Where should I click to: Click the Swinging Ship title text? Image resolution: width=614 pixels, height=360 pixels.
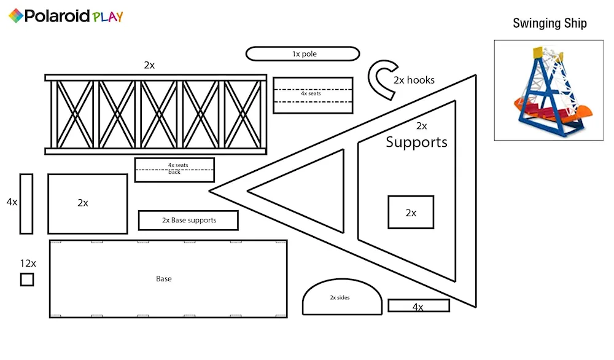tap(550, 23)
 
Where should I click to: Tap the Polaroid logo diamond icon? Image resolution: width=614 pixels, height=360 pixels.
tap(16, 16)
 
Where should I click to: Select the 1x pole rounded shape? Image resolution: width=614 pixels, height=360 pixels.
tap(303, 53)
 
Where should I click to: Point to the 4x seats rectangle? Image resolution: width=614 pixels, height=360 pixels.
tap(313, 96)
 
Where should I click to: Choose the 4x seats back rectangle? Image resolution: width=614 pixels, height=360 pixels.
tap(174, 170)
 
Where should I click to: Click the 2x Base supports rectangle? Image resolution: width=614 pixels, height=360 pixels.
tap(188, 220)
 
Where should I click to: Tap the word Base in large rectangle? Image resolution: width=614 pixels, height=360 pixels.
tap(164, 279)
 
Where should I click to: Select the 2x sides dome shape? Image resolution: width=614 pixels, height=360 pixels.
tap(342, 297)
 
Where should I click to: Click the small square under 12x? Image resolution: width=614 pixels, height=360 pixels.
tap(27, 280)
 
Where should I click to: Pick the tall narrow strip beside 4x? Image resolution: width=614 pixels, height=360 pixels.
tap(26, 204)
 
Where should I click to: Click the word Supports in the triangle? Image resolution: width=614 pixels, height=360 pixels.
tap(416, 142)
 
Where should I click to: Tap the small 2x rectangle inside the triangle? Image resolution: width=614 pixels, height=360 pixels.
tap(411, 213)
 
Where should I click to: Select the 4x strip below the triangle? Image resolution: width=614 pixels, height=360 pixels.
tap(419, 305)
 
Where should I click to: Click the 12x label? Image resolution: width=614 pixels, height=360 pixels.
tap(28, 264)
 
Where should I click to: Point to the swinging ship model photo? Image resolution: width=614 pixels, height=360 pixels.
tap(548, 90)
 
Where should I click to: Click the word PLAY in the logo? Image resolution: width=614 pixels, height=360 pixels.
tap(107, 17)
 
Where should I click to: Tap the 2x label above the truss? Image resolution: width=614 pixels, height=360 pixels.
tap(149, 65)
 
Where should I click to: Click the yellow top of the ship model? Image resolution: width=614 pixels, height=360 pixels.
tap(538, 52)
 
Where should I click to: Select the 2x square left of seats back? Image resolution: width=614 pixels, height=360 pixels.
tap(88, 204)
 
